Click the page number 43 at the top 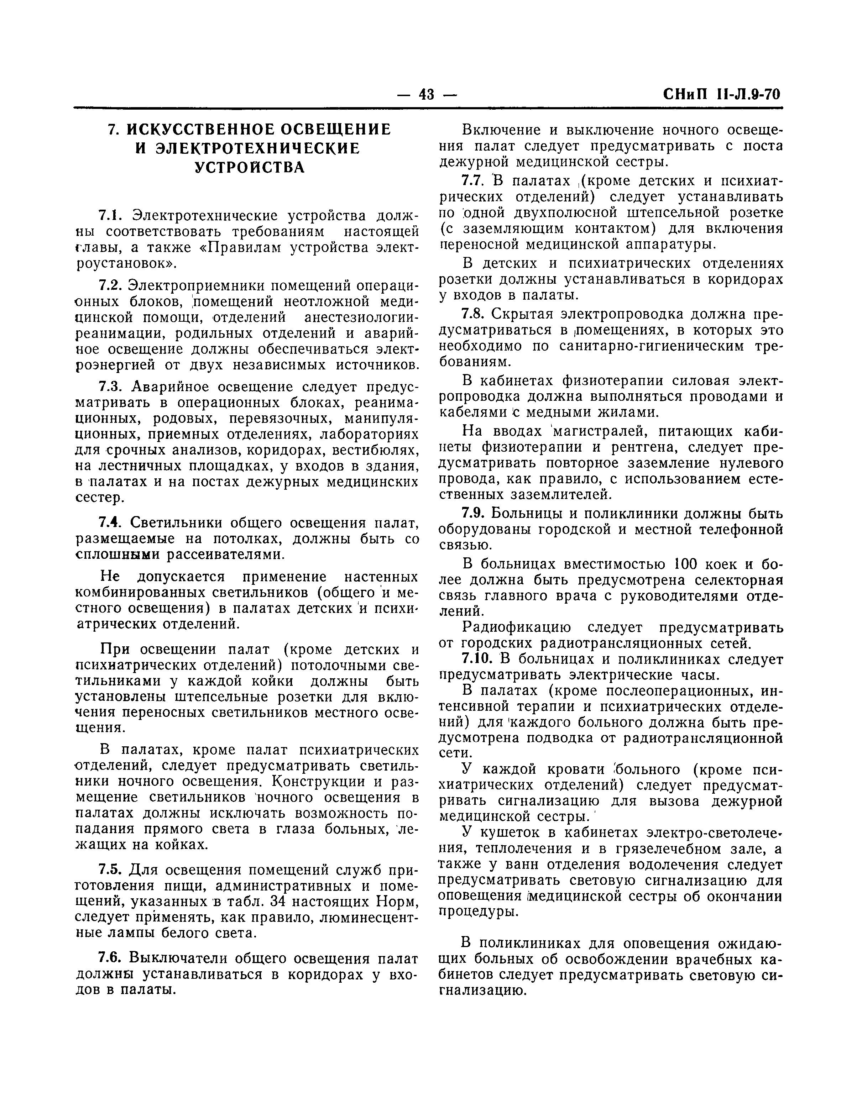pyautogui.click(x=427, y=94)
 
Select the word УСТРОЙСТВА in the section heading pyautogui.click(x=250, y=167)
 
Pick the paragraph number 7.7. pyautogui.click(x=474, y=180)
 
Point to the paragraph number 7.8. pyautogui.click(x=474, y=314)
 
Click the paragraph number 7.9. pyautogui.click(x=474, y=514)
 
